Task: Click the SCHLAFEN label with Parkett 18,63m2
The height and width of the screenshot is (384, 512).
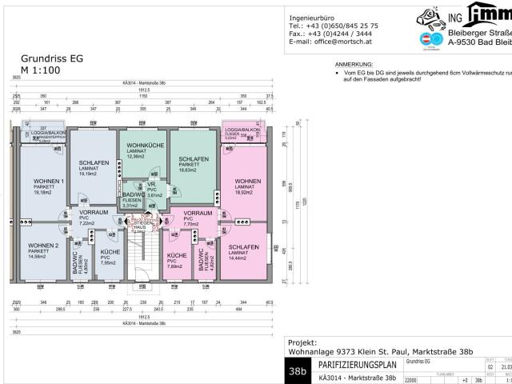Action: tap(193, 159)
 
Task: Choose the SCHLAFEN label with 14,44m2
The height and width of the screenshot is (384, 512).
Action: tap(243, 248)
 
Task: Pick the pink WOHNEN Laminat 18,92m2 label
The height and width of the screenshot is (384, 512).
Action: tap(247, 182)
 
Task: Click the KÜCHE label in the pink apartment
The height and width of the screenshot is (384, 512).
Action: tap(177, 255)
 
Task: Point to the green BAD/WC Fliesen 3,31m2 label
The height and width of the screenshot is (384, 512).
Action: tap(134, 195)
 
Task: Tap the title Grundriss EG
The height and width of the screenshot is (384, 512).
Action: tap(53, 58)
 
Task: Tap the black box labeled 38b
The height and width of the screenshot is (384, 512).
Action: tap(300, 371)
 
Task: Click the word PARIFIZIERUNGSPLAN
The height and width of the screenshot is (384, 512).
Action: tap(356, 365)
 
